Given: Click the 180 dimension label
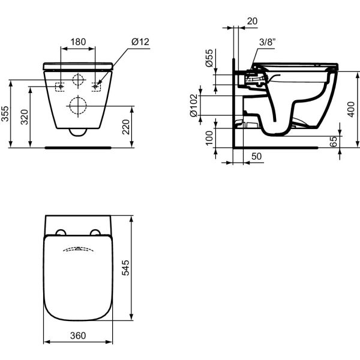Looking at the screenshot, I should [78, 42].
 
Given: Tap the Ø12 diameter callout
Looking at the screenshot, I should [140, 42].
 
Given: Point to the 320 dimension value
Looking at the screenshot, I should [25, 116].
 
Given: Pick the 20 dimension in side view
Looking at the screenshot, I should [252, 21].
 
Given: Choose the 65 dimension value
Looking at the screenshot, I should [351, 142].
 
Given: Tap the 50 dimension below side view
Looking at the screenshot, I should [256, 156].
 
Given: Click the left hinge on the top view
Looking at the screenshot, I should [61, 233].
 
